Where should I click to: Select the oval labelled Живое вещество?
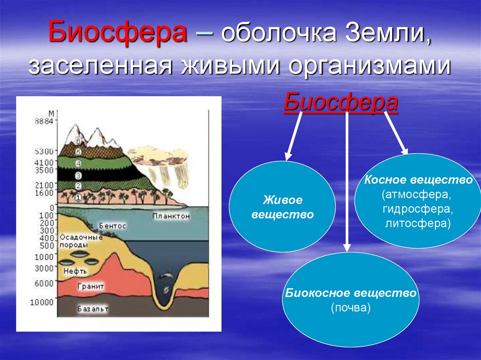click(282, 207)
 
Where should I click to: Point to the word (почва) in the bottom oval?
click(350, 308)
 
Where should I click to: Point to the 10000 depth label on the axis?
click(44, 302)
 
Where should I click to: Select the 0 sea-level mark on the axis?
click(52, 207)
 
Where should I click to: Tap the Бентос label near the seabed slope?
click(112, 226)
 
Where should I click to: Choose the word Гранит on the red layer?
click(92, 286)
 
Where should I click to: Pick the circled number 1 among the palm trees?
click(78, 199)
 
